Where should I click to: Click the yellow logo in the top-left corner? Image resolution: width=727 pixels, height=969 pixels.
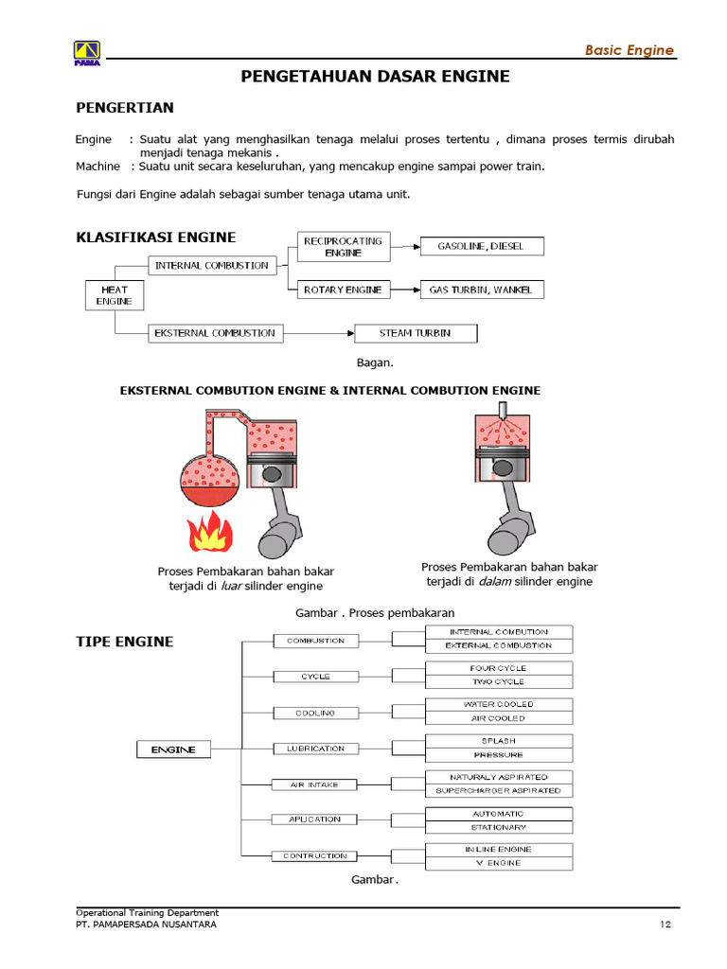coord(87,52)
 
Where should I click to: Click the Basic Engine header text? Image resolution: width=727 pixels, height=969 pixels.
coord(629,50)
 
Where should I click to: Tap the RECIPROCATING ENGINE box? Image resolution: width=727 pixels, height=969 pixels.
coord(343,247)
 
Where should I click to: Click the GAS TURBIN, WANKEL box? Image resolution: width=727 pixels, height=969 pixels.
coord(483,290)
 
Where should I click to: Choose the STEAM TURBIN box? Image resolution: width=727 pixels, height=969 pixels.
coord(416,333)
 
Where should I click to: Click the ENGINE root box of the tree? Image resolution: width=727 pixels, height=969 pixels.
coord(173,749)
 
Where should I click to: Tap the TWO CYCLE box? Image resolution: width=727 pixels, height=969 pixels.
coord(499,681)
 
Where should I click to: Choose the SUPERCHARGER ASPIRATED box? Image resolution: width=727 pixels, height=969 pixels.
coord(499,790)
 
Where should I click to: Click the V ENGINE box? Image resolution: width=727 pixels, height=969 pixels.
coord(499,863)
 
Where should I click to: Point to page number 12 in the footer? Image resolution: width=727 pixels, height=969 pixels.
coord(667,925)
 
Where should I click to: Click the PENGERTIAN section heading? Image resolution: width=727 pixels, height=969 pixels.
coord(124,108)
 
